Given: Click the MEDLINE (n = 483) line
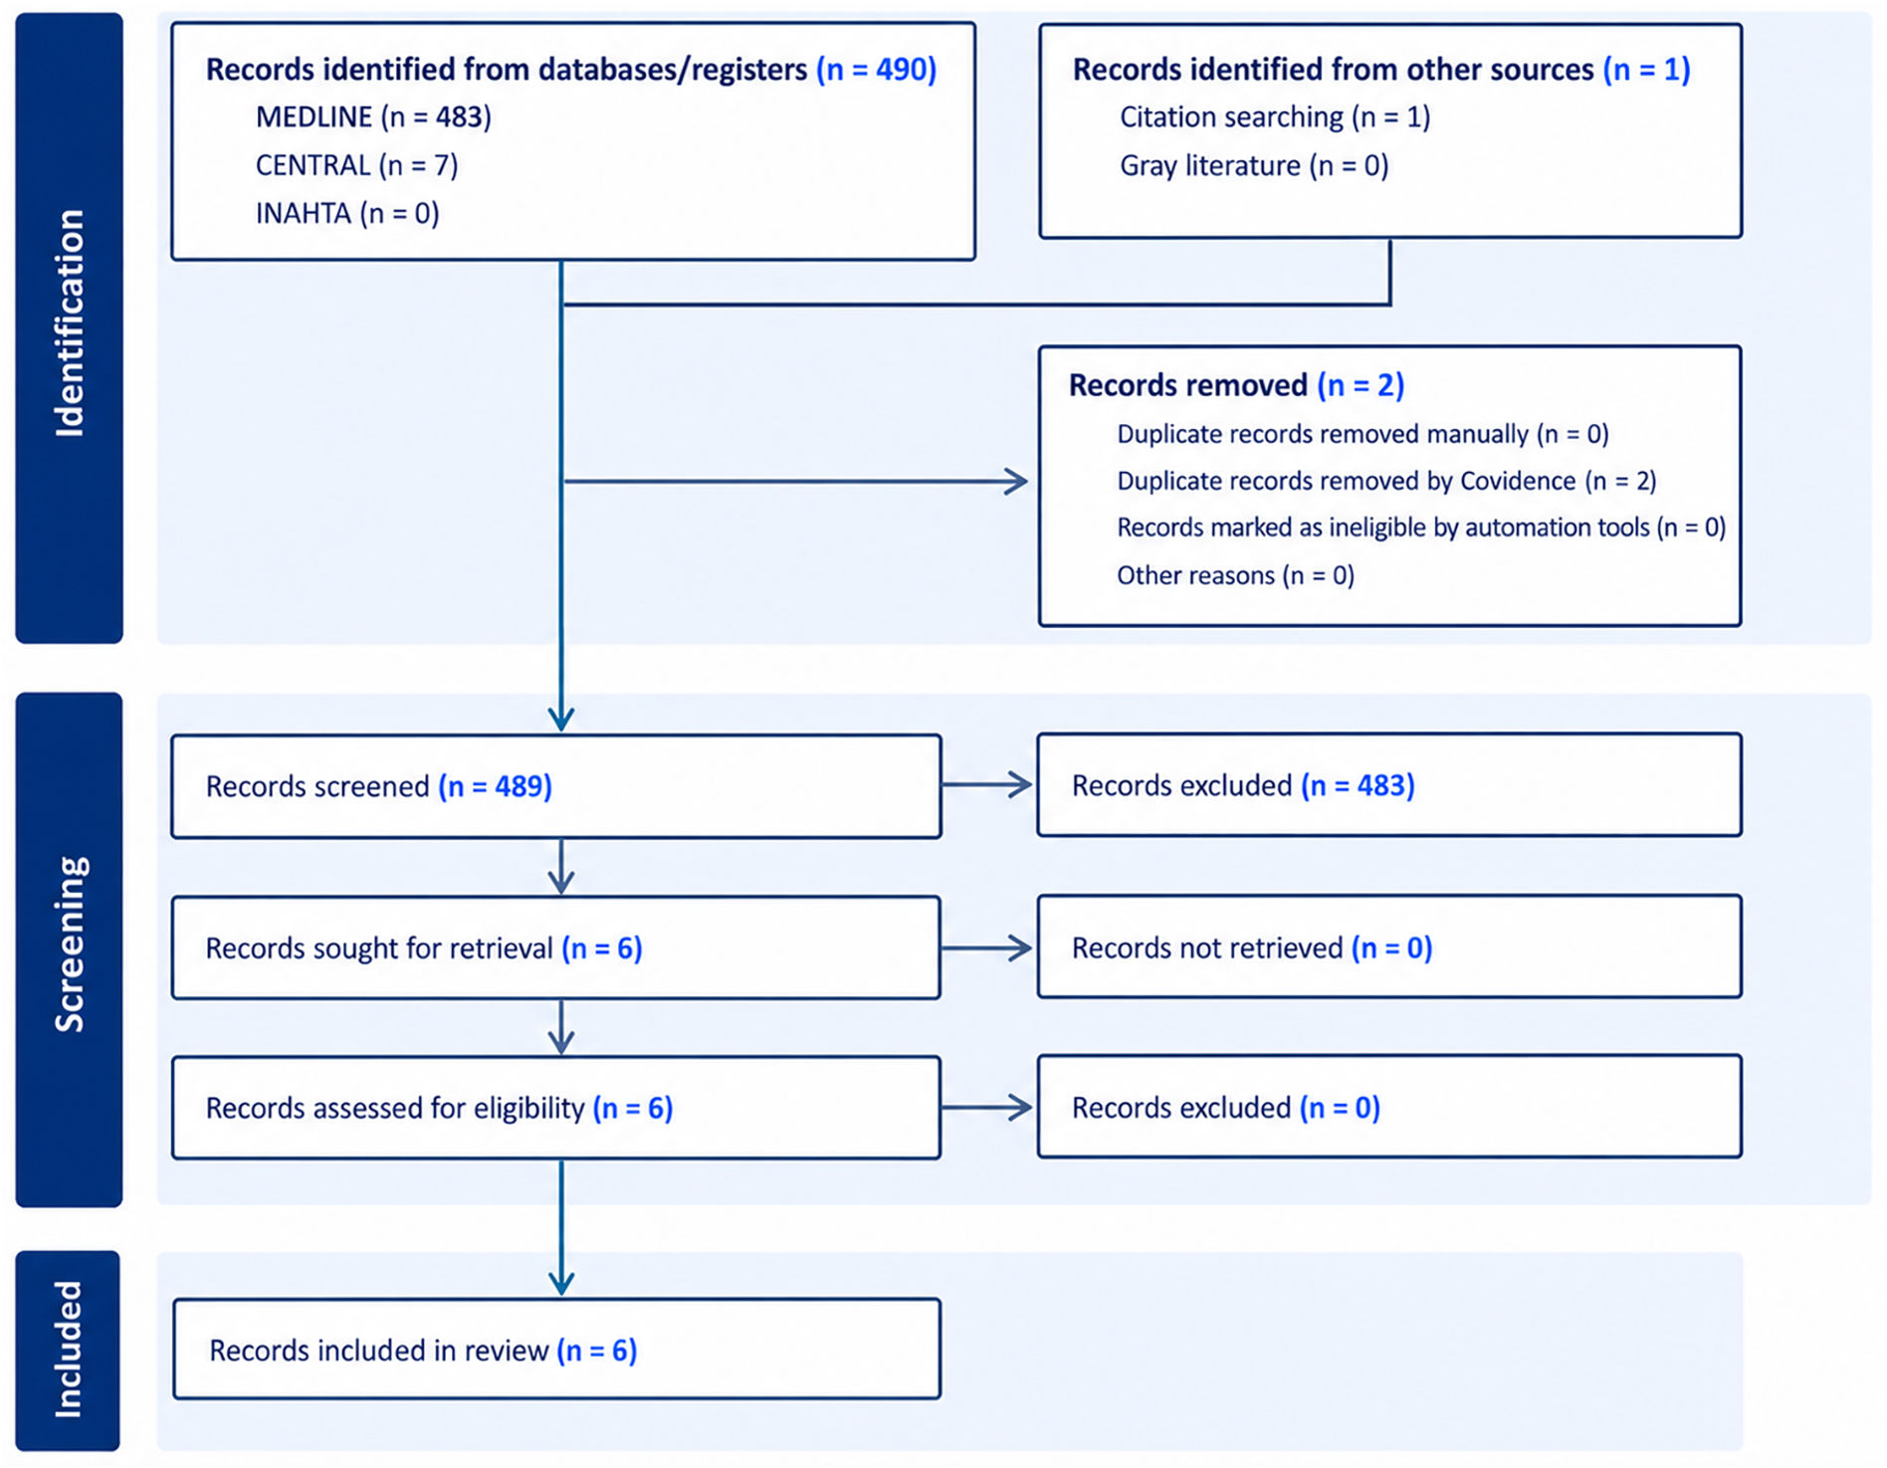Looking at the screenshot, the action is tap(373, 117).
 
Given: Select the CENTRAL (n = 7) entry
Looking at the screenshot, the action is tap(356, 165).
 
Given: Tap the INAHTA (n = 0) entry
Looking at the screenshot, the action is tap(347, 213).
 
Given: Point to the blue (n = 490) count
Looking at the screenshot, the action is tap(876, 70).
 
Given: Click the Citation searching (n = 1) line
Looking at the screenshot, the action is tap(1275, 117).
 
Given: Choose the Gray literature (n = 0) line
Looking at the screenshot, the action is tap(1254, 165).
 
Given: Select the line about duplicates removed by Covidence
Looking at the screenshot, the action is tap(1386, 481).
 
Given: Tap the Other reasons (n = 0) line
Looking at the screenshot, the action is tap(1235, 575).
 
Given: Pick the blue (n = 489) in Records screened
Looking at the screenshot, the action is tap(495, 786).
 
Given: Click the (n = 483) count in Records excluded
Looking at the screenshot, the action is tap(1358, 785).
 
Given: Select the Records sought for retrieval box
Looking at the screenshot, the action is tap(556, 947).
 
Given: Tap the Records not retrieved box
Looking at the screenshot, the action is tap(1389, 946).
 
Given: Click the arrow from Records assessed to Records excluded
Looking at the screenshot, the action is tap(986, 1108).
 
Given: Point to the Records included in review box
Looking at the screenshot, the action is tap(556, 1349).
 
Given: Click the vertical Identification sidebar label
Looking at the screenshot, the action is tap(69, 323).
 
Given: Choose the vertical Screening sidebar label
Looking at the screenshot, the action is tap(69, 944).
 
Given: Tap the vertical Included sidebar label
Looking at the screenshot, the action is tap(68, 1350).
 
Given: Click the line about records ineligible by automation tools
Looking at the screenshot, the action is tap(1421, 527).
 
